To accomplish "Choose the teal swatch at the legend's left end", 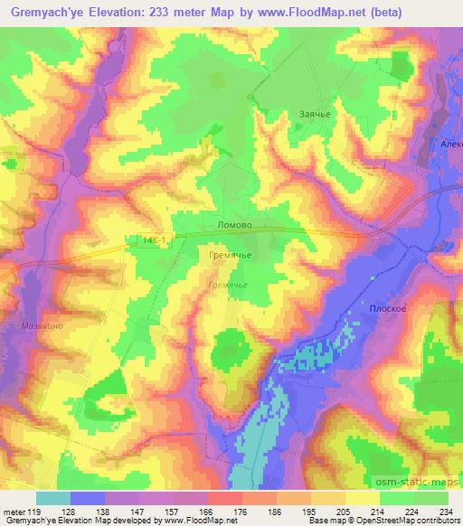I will (x=53, y=497).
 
